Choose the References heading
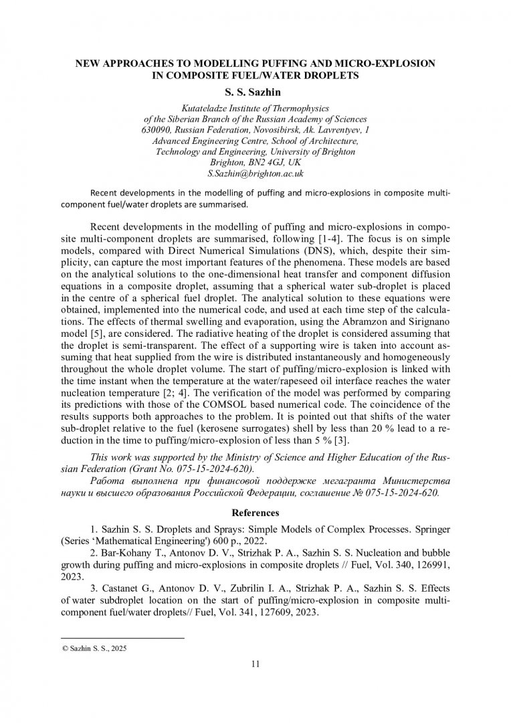tap(255, 513)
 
